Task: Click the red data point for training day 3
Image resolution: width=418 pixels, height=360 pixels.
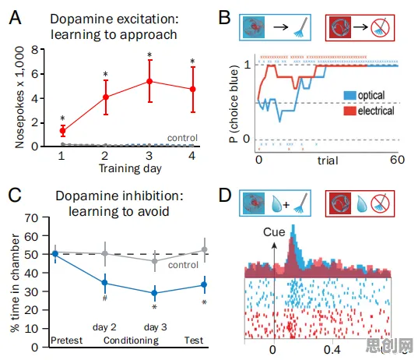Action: pyautogui.click(x=149, y=81)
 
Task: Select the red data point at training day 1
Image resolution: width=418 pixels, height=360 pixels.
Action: pyautogui.click(x=62, y=131)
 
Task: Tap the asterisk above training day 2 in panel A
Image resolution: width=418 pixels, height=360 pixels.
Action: pyautogui.click(x=106, y=74)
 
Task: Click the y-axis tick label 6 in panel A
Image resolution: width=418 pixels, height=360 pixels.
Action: pyautogui.click(x=35, y=74)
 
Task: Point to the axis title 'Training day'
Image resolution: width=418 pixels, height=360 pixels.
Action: pyautogui.click(x=130, y=168)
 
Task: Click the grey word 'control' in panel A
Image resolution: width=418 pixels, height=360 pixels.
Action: pyautogui.click(x=182, y=138)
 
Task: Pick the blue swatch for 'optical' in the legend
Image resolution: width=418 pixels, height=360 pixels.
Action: pyautogui.click(x=350, y=96)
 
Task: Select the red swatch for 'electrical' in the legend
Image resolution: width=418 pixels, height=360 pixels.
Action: pyautogui.click(x=350, y=111)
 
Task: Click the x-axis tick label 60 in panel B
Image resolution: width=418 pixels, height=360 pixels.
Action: pyautogui.click(x=397, y=160)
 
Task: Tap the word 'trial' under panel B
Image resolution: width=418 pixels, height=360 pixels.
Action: pyautogui.click(x=328, y=161)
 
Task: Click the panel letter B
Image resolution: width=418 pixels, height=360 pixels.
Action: pyautogui.click(x=224, y=18)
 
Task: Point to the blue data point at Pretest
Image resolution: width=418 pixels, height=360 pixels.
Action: pyautogui.click(x=55, y=254)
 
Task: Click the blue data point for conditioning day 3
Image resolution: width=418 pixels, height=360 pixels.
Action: pyautogui.click(x=154, y=293)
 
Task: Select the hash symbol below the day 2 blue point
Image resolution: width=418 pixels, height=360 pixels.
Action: pyautogui.click(x=105, y=298)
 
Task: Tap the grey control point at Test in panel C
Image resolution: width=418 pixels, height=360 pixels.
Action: pyautogui.click(x=205, y=250)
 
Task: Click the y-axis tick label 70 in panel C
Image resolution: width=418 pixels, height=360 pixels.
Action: pyautogui.click(x=31, y=218)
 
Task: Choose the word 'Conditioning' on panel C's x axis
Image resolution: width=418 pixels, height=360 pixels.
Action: pyautogui.click(x=131, y=341)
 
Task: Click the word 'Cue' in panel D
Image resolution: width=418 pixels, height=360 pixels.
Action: pyautogui.click(x=274, y=232)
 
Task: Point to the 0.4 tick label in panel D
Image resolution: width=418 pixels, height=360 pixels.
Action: pyautogui.click(x=332, y=350)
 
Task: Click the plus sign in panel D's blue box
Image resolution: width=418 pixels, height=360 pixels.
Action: pyautogui.click(x=286, y=205)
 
